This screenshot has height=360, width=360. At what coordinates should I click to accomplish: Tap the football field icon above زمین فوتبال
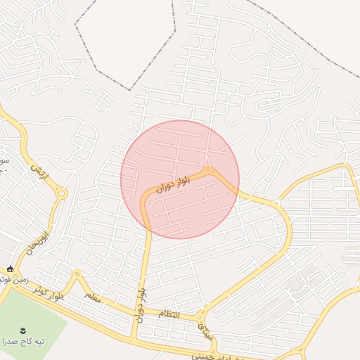click(x=10, y=268)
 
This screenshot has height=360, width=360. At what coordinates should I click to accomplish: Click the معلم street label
click(x=94, y=298)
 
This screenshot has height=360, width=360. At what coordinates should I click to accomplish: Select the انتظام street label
click(x=169, y=314)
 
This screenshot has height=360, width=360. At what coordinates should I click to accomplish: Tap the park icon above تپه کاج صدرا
click(x=23, y=329)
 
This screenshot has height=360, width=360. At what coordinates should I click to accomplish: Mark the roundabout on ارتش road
click(x=62, y=193)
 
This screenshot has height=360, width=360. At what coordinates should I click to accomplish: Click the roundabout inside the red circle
click(x=208, y=169)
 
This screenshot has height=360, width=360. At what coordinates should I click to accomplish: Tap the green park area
click(x=28, y=316)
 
